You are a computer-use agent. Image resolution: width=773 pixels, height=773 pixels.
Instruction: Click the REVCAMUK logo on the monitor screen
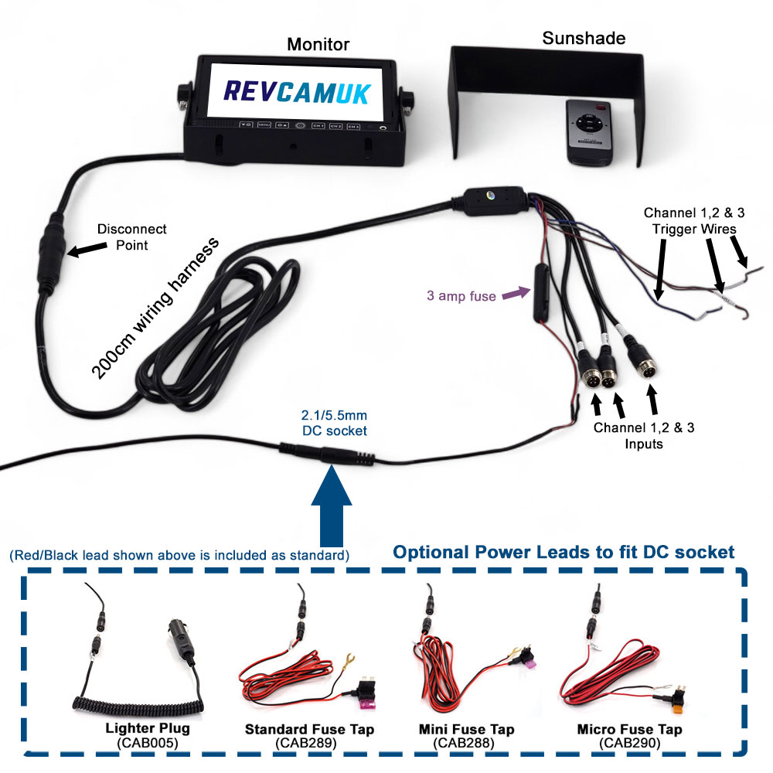coord(297,90)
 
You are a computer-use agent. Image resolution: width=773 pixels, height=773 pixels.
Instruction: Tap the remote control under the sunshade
coord(591,131)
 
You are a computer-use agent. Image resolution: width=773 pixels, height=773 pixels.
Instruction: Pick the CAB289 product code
coord(309,744)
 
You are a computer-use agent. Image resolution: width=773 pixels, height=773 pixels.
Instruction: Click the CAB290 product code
coord(628,744)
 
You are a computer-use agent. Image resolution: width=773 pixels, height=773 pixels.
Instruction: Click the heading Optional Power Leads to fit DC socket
coord(564,552)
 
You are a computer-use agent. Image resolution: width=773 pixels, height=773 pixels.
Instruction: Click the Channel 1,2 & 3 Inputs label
coord(644,436)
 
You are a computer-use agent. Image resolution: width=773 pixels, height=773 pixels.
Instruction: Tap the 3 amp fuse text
coord(461,295)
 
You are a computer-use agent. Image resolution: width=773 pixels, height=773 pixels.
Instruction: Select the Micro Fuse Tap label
coord(629,730)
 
